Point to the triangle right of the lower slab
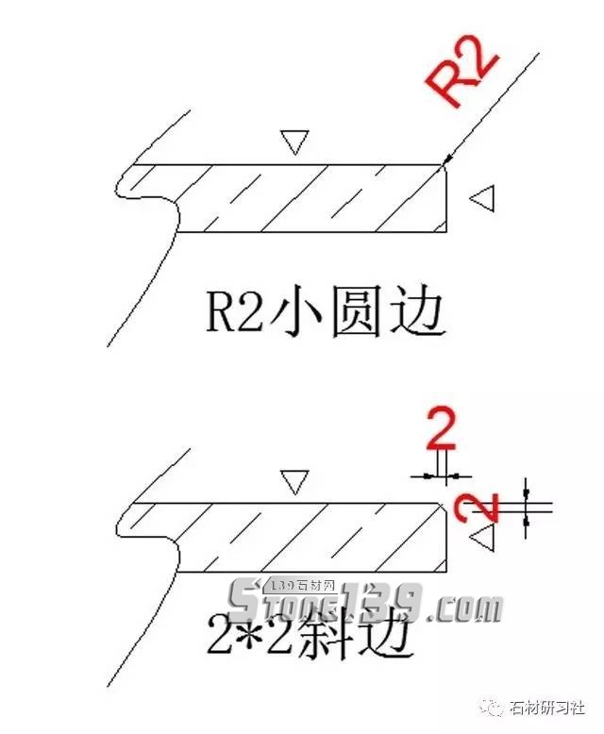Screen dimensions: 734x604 [x=483, y=539]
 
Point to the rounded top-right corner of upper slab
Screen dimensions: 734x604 [x=444, y=167]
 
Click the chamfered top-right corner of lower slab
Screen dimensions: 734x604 [x=444, y=507]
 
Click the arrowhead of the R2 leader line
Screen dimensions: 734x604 [x=447, y=163]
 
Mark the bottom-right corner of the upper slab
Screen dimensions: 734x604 [x=445, y=231]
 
